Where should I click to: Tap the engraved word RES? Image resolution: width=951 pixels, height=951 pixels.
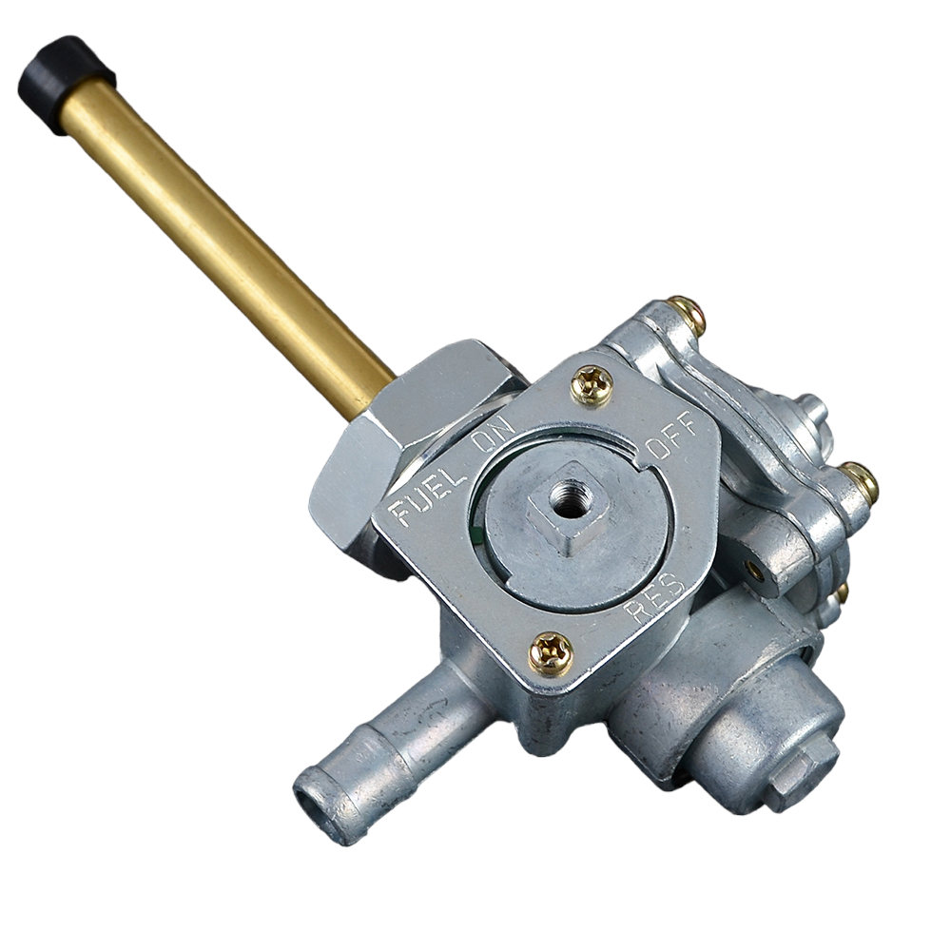(659, 600)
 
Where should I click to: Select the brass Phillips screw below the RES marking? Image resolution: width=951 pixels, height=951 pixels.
(551, 654)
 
